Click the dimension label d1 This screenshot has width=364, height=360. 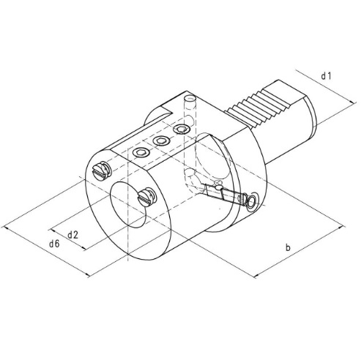click(327, 75)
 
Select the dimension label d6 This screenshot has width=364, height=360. click(54, 244)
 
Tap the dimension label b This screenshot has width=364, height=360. click(289, 249)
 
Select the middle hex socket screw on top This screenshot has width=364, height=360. click(160, 140)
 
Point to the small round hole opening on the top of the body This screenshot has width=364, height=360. click(190, 98)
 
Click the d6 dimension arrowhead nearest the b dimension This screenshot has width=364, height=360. click(89, 275)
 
